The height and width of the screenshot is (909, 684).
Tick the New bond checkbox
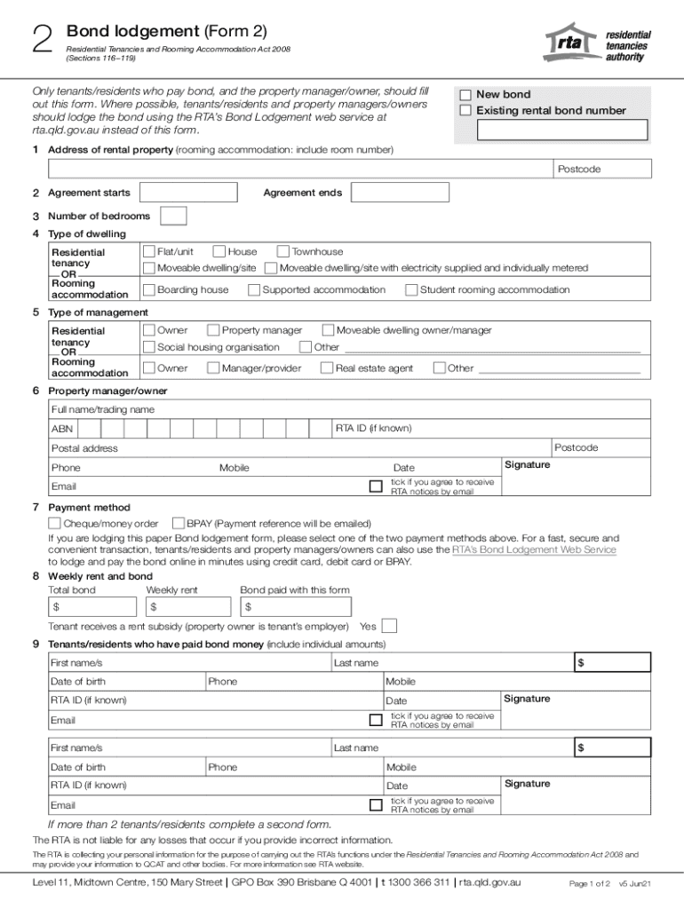click(465, 95)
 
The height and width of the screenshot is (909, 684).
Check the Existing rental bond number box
click(465, 111)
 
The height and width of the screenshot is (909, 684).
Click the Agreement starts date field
click(187, 193)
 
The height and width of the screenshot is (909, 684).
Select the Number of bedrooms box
click(173, 216)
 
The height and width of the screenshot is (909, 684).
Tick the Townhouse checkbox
click(283, 252)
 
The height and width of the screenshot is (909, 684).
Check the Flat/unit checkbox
click(148, 252)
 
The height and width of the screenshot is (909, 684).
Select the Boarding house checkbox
click(148, 289)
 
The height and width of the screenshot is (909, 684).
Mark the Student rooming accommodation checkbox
click(411, 289)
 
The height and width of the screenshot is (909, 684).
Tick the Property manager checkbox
click(213, 330)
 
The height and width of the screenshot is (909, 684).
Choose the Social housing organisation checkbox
click(148, 347)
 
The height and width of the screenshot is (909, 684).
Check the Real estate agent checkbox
click(327, 368)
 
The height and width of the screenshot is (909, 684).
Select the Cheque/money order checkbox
click(54, 524)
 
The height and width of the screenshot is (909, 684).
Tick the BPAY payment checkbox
click(178, 524)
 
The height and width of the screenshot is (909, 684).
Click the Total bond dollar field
click(92, 607)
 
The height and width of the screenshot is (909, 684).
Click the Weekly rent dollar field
click(188, 607)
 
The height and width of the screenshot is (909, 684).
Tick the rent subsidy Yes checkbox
click(388, 627)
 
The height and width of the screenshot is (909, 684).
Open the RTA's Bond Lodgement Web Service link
click(534, 550)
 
